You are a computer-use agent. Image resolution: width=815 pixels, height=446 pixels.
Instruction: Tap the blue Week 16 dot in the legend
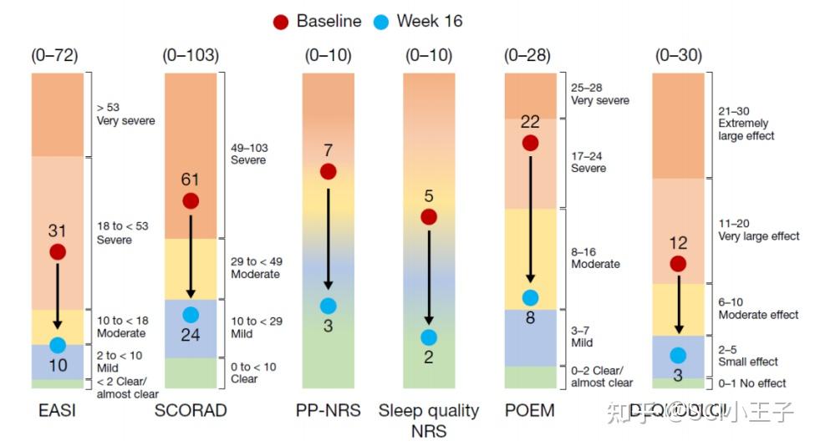[381, 22]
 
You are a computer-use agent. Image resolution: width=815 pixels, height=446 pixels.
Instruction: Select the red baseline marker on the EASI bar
[58, 251]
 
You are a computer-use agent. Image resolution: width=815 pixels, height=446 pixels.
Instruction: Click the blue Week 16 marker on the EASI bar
[58, 344]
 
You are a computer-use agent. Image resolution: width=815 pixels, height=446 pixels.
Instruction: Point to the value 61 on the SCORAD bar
[191, 180]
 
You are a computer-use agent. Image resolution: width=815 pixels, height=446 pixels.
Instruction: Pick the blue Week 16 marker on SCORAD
[191, 315]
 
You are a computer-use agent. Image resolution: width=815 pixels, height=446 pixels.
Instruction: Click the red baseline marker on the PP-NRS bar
[328, 171]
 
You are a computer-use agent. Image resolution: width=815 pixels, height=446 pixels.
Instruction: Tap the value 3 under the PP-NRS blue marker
[328, 326]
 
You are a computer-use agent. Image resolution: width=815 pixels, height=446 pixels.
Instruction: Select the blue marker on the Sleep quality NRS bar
[429, 337]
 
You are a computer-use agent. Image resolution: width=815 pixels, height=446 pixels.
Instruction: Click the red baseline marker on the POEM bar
[530, 143]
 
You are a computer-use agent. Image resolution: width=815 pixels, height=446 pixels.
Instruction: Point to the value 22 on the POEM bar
[530, 122]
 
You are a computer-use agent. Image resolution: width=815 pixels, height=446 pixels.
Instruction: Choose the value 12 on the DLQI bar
[678, 243]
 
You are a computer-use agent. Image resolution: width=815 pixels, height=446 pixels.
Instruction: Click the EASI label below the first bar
[58, 411]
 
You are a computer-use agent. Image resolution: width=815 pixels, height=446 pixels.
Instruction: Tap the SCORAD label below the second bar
[190, 411]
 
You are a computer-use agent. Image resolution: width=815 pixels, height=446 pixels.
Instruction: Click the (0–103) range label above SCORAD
[191, 56]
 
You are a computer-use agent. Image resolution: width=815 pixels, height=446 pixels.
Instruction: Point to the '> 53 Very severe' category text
[125, 114]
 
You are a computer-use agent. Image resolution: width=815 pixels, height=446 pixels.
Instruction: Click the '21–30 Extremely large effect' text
[746, 123]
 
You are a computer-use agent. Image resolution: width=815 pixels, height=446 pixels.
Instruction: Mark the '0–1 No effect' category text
[752, 383]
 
